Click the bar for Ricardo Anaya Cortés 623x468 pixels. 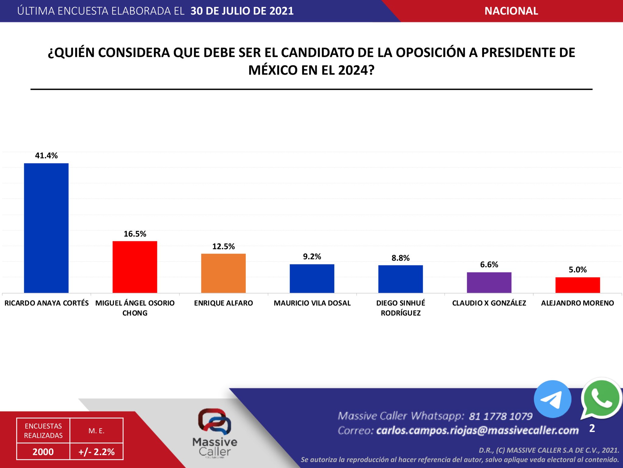(46, 228)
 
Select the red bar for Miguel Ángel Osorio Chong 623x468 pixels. (135, 267)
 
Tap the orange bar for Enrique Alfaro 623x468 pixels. (223, 273)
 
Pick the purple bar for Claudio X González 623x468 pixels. (489, 282)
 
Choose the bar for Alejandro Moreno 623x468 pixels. (578, 285)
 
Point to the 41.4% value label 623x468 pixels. (46, 156)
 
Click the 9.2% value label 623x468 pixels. (312, 257)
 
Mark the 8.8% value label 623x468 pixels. (401, 258)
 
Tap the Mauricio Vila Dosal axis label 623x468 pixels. (312, 303)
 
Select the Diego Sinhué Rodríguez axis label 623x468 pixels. (401, 308)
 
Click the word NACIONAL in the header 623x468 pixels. (511, 11)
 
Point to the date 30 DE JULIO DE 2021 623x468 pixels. (242, 11)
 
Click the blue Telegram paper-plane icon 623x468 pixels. (552, 399)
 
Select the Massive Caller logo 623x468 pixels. (215, 433)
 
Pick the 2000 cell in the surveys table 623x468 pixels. (43, 452)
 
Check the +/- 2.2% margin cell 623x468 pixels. (96, 452)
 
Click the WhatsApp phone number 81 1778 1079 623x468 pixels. (501, 416)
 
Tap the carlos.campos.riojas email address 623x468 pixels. (477, 431)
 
